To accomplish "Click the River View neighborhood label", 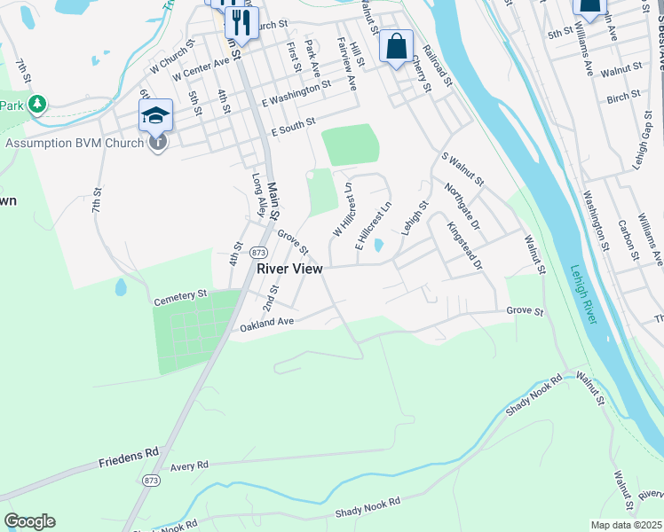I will click(290, 268).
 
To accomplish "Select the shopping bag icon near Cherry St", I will click(396, 46).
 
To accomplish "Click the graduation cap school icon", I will click(154, 113).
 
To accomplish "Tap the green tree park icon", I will click(36, 106).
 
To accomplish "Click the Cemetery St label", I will click(179, 293).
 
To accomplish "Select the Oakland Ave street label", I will click(266, 326).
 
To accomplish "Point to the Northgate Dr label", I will click(462, 204).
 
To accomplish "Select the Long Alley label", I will click(259, 193).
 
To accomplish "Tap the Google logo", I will click(29, 521).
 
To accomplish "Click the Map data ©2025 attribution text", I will click(626, 525).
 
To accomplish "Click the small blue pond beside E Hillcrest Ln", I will click(379, 245).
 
